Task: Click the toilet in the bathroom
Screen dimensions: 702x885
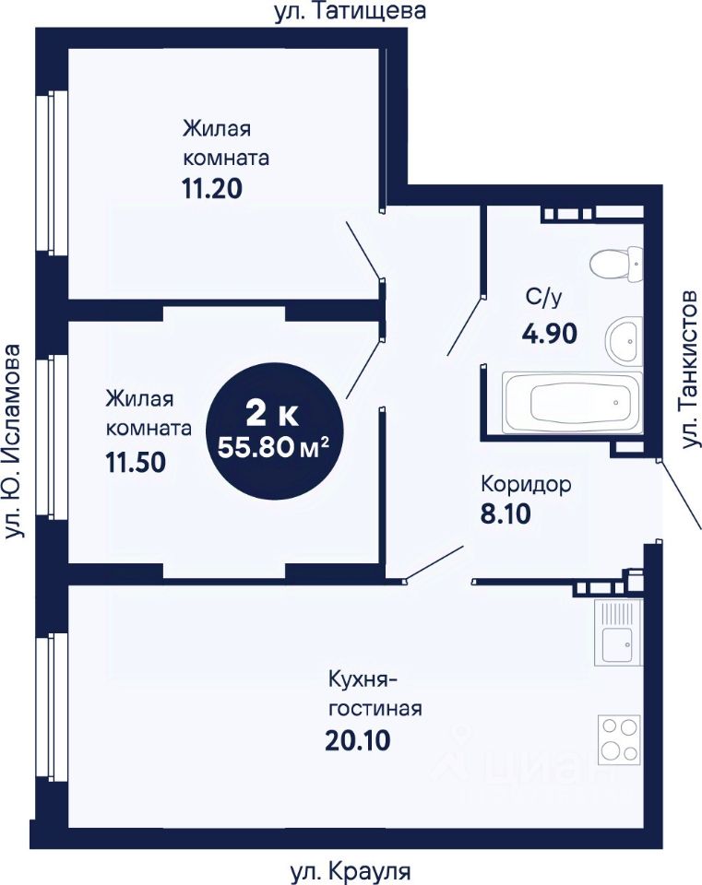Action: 617,265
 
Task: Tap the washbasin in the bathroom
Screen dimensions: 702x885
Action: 624,340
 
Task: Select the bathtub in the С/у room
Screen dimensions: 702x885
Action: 572,402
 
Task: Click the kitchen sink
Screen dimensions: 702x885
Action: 617,632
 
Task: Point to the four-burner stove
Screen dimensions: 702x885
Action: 620,738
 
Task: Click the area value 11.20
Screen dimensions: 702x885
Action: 212,188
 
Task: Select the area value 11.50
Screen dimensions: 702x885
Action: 136,462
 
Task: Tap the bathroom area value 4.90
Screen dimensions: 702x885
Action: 550,334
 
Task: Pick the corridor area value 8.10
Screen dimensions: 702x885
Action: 506,514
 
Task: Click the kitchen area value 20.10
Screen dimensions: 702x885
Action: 358,740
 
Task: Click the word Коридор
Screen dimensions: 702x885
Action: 526,484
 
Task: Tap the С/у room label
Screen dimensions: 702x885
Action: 543,297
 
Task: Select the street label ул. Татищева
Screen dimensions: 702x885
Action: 351,11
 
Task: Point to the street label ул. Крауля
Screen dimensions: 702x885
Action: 351,872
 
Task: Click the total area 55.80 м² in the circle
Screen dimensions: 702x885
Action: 273,448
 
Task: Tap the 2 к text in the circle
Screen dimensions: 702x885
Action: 273,416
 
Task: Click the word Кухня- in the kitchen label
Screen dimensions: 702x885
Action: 363,678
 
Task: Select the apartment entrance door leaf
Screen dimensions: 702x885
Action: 681,496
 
